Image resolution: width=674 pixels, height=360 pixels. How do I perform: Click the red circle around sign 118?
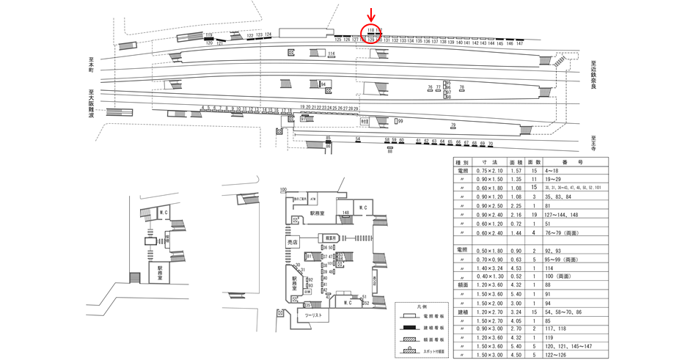373,33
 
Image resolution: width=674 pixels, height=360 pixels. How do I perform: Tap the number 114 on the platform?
331,54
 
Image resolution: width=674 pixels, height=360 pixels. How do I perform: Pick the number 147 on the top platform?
520,44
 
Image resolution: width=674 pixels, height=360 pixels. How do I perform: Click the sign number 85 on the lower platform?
329,137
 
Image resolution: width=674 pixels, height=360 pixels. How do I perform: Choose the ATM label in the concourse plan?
312,198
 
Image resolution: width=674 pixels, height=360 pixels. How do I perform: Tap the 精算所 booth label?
331,238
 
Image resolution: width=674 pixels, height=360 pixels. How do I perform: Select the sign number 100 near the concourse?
283,191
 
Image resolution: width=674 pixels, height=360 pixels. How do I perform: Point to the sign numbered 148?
344,213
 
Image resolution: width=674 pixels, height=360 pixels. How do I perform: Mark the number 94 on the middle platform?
322,84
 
